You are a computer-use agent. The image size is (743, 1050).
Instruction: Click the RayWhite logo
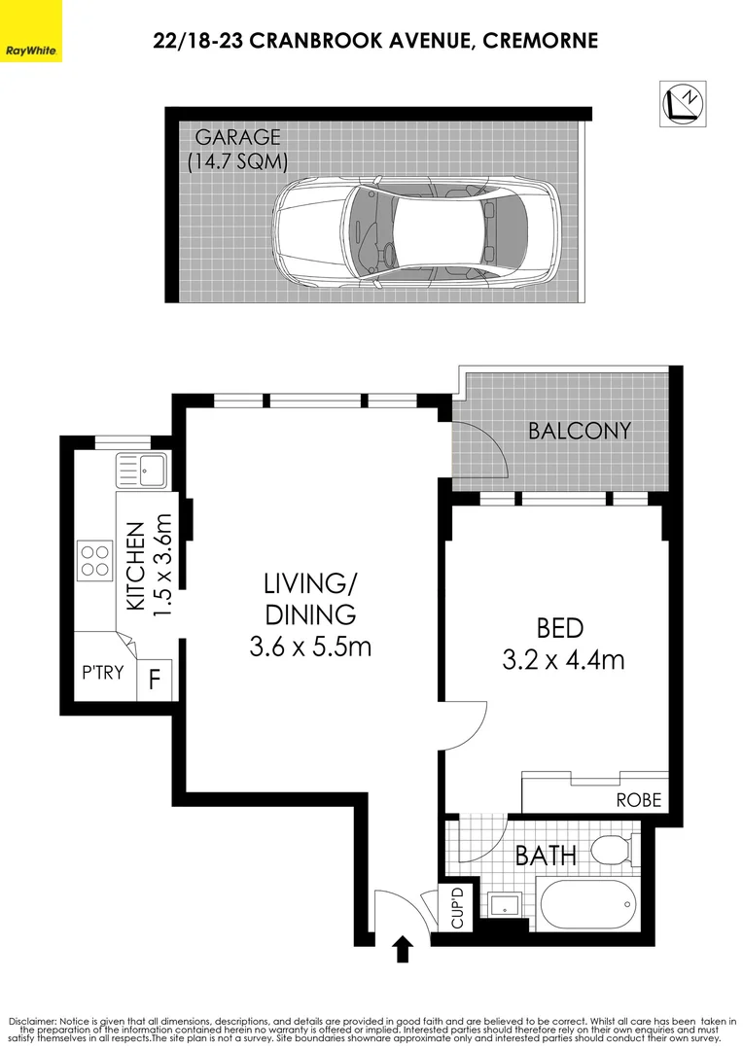(x=31, y=31)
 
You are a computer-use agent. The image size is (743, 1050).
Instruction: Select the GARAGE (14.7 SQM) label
(x=237, y=149)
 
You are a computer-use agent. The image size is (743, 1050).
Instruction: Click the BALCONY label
(x=580, y=431)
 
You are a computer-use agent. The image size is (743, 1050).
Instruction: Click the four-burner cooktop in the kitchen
(x=95, y=560)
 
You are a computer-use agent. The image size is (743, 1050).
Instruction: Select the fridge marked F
(x=154, y=678)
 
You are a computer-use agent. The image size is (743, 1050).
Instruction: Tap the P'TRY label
(x=102, y=671)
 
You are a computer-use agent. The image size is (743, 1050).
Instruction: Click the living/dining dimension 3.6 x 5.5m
(x=310, y=645)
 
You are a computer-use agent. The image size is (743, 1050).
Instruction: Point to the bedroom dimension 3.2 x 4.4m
(x=563, y=660)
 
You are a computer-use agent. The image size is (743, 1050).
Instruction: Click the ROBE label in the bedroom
(x=639, y=800)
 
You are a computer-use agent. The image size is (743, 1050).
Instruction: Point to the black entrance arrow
(x=401, y=948)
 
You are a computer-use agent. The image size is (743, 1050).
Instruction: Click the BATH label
(x=546, y=856)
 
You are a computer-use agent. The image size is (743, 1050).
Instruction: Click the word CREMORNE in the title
(x=537, y=40)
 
